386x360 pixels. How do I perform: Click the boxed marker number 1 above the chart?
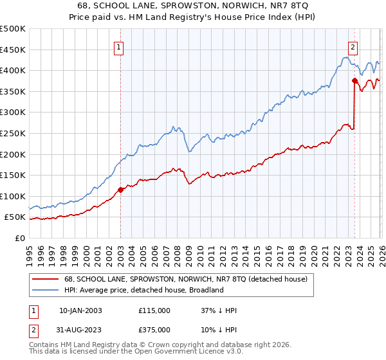pos(120,46)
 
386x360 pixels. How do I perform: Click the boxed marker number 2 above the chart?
pos(353,46)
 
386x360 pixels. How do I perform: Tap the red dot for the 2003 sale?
pos(120,190)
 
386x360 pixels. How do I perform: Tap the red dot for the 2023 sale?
pos(354,80)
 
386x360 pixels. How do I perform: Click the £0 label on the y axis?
pos(19,238)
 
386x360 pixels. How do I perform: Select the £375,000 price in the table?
pos(154,329)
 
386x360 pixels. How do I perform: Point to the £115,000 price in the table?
pos(154,310)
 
